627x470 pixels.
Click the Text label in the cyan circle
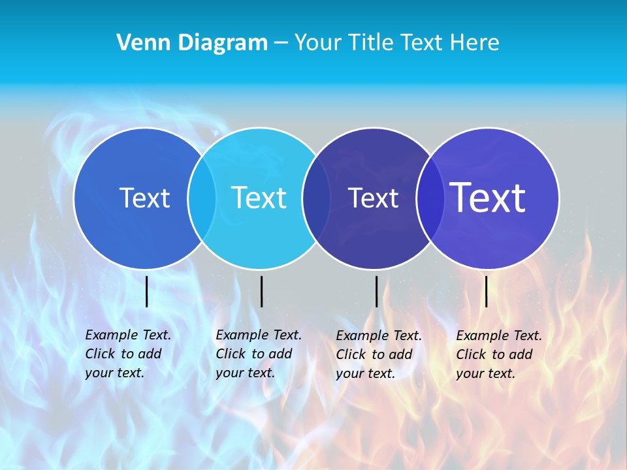click(259, 198)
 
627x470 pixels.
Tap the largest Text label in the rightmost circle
click(488, 198)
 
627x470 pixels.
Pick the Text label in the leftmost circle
click(144, 198)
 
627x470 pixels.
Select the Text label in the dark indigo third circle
click(373, 198)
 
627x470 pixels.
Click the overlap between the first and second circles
click(202, 198)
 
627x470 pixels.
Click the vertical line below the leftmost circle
click(146, 291)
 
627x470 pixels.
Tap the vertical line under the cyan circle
click(261, 291)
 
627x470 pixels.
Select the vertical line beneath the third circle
click(376, 291)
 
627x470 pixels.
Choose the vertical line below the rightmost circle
click(486, 291)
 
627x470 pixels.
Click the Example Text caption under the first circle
click(127, 354)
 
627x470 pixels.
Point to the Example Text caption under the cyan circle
click(258, 354)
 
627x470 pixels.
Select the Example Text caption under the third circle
click(378, 354)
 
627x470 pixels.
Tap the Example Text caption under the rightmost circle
click(498, 354)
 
